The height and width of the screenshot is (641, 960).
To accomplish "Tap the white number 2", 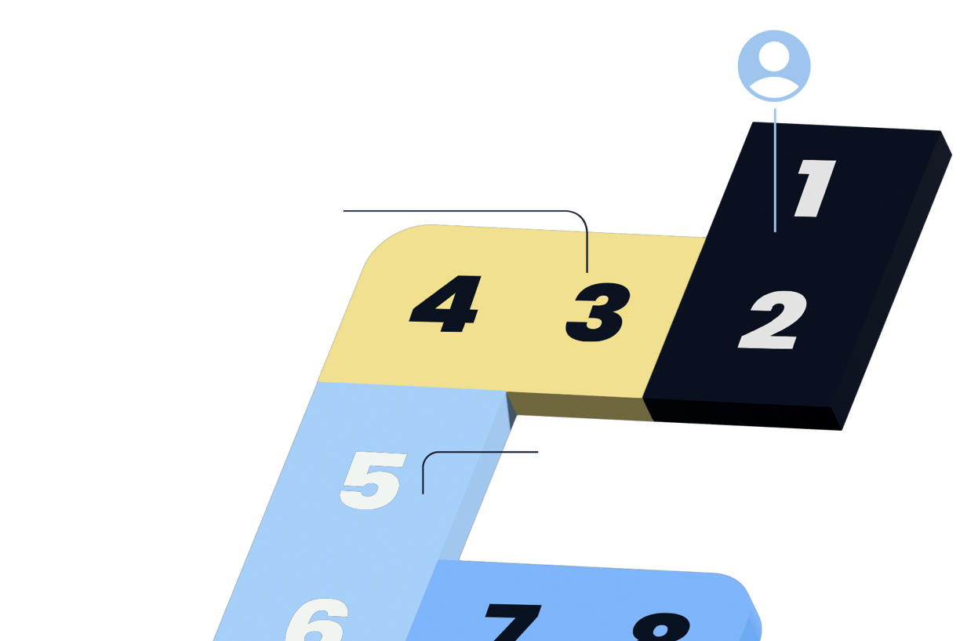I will point(772,320).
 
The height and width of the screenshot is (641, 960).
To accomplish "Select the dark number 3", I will point(598,312).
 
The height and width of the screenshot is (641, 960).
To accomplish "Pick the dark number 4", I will point(445,304).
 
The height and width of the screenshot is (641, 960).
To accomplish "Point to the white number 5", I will point(373,479).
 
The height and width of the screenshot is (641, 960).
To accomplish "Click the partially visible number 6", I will point(318,621).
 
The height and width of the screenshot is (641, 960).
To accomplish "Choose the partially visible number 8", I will point(660,626).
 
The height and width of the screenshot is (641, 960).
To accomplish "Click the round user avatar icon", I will point(774,66).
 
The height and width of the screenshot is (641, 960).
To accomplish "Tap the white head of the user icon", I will point(774,56).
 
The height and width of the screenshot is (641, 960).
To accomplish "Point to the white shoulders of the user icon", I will point(774,85).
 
